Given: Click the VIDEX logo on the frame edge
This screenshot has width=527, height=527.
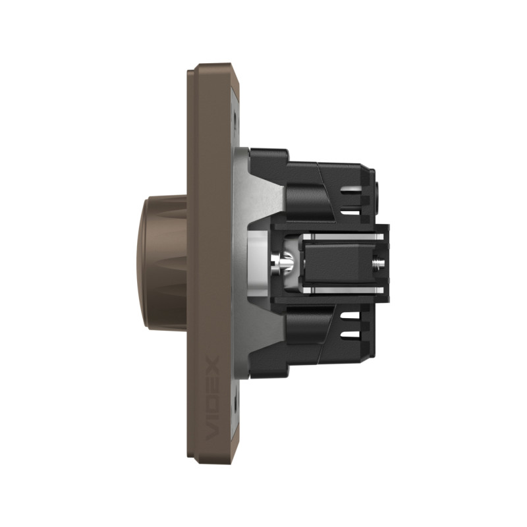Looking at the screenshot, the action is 213,398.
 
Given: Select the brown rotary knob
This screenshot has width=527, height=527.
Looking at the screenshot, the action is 161,263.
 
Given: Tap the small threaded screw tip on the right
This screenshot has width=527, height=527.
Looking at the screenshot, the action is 377,263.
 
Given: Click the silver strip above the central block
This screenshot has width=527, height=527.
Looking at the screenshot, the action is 343,237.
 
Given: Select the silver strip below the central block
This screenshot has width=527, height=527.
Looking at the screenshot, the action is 343,290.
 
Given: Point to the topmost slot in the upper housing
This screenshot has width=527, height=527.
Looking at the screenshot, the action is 351,192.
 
